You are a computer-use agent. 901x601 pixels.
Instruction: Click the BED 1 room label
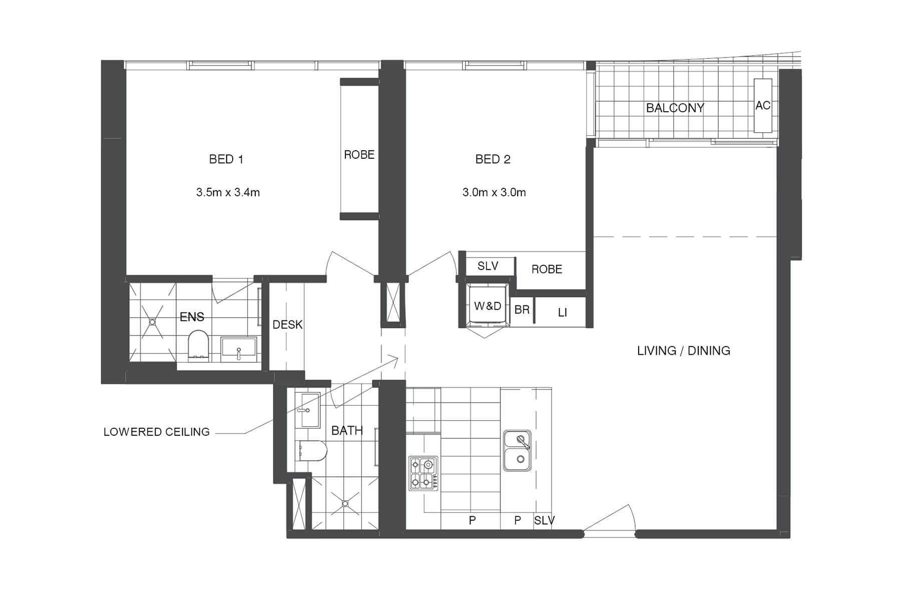pyautogui.click(x=226, y=159)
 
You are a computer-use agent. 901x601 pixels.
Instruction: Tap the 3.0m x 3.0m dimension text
pyautogui.click(x=494, y=192)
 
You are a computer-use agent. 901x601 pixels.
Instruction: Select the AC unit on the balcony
pyautogui.click(x=762, y=105)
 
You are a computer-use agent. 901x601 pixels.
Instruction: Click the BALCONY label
pyautogui.click(x=675, y=108)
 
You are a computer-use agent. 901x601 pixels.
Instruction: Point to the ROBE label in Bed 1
pyautogui.click(x=359, y=155)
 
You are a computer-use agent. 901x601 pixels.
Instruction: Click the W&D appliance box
pyautogui.click(x=487, y=306)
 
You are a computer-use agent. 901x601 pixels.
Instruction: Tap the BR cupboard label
pyautogui.click(x=522, y=310)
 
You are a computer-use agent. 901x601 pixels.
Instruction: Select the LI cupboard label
pyautogui.click(x=562, y=313)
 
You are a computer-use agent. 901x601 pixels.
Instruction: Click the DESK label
pyautogui.click(x=287, y=325)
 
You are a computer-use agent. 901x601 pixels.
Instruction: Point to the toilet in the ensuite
pyautogui.click(x=198, y=346)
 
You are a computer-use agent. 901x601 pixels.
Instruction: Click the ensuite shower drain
pyautogui.click(x=152, y=322)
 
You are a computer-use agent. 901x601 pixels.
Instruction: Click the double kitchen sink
pyautogui.click(x=517, y=450)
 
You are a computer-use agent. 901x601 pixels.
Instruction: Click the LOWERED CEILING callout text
pyautogui.click(x=156, y=432)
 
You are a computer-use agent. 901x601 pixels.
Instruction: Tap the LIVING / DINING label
pyautogui.click(x=683, y=351)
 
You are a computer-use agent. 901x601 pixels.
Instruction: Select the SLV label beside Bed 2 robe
pyautogui.click(x=488, y=266)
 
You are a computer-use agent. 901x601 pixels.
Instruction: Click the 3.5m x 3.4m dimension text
pyautogui.click(x=228, y=192)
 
